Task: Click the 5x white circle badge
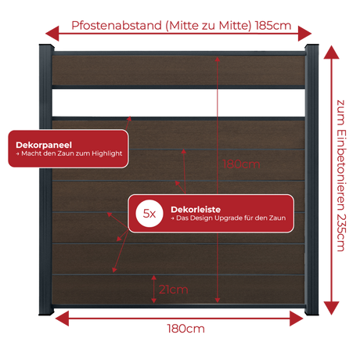point(149,214)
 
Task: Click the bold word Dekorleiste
point(196,210)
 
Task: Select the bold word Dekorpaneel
point(44,145)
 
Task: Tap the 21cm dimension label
point(174,290)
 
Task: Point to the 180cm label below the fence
point(185,329)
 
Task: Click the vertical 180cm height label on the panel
point(241,164)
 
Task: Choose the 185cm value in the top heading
point(273,26)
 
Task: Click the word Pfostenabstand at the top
point(117,26)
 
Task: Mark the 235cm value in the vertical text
point(341,232)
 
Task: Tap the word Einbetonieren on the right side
point(341,170)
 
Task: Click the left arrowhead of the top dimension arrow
point(52,34)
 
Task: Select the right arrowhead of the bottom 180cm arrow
point(297,319)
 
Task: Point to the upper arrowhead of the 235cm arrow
point(331,52)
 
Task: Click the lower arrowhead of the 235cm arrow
point(331,308)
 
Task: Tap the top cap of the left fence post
point(46,47)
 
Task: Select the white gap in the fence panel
point(178,103)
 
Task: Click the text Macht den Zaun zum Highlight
point(72,153)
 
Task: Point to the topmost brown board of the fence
point(178,70)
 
